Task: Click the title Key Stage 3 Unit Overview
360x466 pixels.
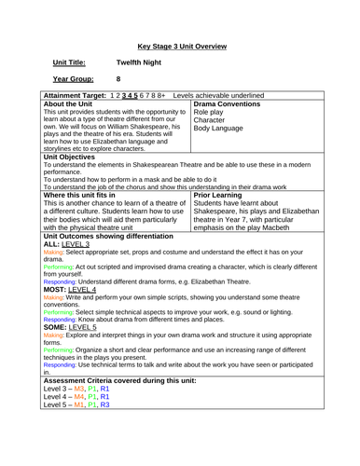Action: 179,43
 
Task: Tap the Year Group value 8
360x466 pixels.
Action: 118,79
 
